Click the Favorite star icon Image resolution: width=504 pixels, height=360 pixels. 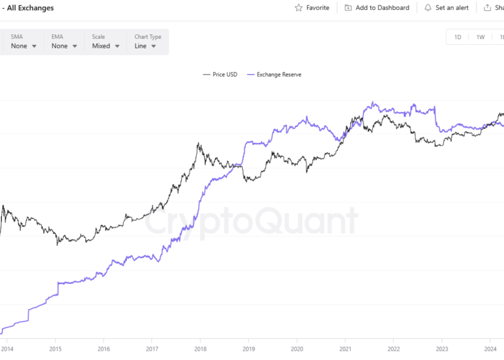tap(299, 8)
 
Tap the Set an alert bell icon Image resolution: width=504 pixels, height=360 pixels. tap(428, 8)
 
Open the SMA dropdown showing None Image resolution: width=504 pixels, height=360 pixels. tap(24, 46)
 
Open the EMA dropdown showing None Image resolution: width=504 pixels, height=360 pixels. tap(65, 46)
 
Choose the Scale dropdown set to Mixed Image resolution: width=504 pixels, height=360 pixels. tap(106, 46)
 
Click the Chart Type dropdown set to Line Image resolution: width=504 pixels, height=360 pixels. tap(145, 46)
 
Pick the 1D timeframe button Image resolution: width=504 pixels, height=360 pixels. tap(458, 37)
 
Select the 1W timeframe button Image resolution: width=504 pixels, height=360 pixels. tap(480, 37)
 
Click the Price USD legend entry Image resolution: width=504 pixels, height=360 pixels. tap(220, 75)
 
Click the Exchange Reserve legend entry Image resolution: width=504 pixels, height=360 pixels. tap(274, 75)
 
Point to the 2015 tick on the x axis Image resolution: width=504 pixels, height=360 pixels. tap(55, 349)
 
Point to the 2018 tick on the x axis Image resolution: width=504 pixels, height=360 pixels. tap(200, 349)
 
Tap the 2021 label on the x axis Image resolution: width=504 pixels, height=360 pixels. tap(345, 349)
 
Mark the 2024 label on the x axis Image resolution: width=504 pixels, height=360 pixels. tap(491, 349)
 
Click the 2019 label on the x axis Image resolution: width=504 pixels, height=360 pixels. tap(249, 349)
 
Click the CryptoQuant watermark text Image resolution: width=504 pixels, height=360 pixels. tap(252, 220)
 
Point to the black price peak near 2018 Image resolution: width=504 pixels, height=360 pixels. tap(199, 143)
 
